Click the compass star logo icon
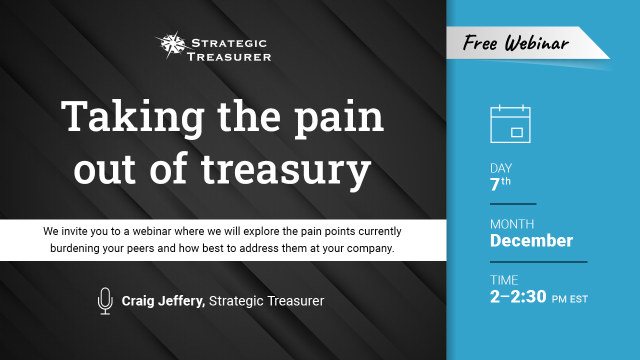tap(173, 45)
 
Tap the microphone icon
tap(105, 301)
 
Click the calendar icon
tap(510, 124)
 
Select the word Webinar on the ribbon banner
tap(537, 43)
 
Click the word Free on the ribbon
tap(480, 43)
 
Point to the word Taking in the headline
tap(132, 117)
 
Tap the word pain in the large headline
tap(339, 117)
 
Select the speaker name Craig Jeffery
tap(163, 301)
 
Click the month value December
tap(531, 240)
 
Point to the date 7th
tap(500, 184)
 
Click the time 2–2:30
tap(518, 296)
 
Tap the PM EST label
tap(569, 299)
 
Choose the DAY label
tap(501, 168)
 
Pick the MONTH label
tap(512, 224)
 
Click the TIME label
tap(504, 280)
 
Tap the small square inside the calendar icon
tap(516, 132)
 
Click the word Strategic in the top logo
tap(229, 43)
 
